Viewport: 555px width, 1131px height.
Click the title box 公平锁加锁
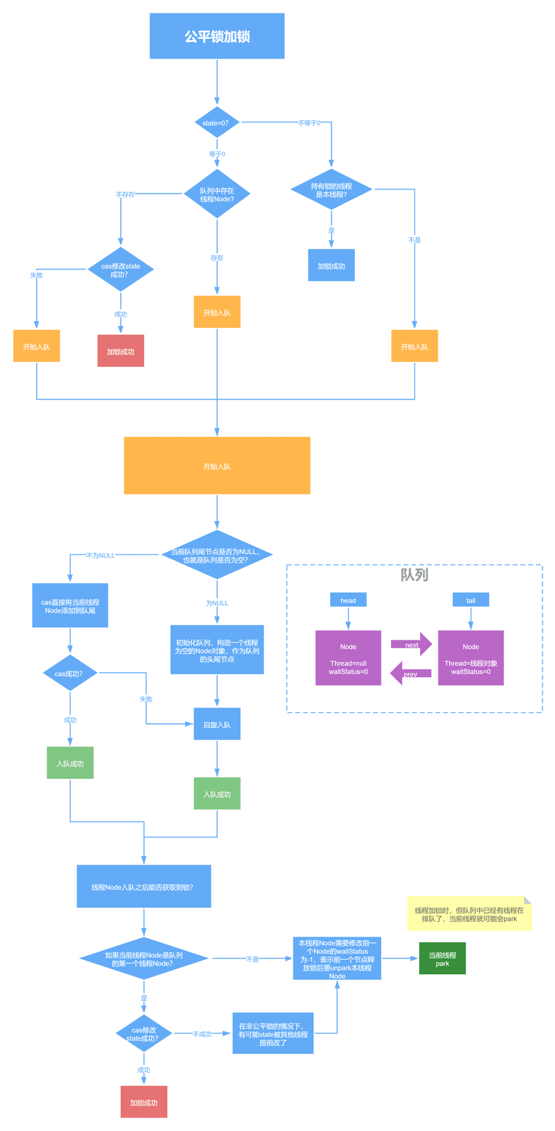point(217,36)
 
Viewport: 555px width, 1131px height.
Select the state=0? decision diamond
point(217,122)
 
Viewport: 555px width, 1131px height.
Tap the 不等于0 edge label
point(309,123)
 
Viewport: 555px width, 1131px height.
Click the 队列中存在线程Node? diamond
point(217,194)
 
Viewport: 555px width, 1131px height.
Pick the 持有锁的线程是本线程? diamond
point(332,189)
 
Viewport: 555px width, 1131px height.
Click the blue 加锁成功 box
point(332,265)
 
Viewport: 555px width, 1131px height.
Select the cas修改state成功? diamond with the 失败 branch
point(121,269)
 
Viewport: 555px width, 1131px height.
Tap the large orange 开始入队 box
point(217,466)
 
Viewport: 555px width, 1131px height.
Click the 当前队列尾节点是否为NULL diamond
point(217,555)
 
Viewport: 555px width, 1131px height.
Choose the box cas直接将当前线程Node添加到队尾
point(70,605)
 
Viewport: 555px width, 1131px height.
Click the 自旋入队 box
point(217,724)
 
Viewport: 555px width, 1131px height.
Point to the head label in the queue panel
point(349,600)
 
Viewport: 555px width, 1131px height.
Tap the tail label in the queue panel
point(471,600)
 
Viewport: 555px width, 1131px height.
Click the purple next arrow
point(411,644)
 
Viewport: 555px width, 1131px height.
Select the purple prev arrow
point(411,673)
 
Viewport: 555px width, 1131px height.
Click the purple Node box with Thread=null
point(349,658)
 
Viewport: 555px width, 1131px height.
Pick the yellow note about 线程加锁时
point(469,914)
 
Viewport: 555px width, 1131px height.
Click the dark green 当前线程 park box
point(443,959)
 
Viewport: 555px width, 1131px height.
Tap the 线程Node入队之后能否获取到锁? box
point(144,886)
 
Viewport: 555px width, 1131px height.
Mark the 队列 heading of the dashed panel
point(414,575)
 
